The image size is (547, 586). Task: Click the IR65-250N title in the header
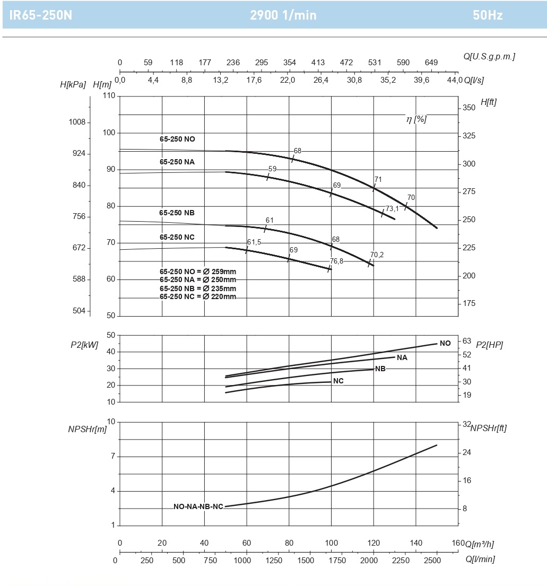(40, 15)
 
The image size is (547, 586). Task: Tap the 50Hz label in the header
(488, 15)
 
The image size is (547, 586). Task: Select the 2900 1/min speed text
(283, 15)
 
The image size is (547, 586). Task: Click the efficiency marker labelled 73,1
(392, 208)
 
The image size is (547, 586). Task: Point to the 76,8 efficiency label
(336, 261)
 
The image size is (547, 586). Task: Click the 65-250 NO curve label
(177, 139)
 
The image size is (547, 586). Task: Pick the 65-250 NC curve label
(177, 237)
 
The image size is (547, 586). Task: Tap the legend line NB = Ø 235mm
(198, 288)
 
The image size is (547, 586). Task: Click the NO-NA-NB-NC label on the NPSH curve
(198, 506)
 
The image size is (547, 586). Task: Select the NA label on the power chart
(402, 358)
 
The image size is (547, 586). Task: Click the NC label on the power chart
(338, 381)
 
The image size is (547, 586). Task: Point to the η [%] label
(416, 119)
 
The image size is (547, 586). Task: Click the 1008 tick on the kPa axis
(77, 122)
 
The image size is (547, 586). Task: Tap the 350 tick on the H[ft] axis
(469, 108)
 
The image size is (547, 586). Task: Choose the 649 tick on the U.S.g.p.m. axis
(431, 63)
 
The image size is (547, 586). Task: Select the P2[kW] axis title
(84, 345)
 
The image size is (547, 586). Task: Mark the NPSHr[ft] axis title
(488, 428)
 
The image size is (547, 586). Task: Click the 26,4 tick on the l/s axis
(321, 80)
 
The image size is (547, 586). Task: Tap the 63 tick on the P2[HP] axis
(467, 341)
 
